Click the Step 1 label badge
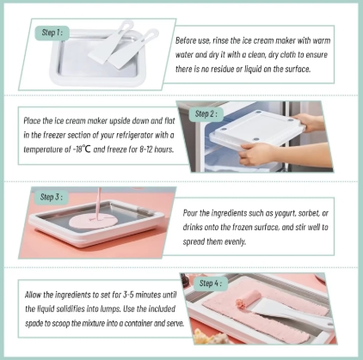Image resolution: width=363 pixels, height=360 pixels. pos(52,33)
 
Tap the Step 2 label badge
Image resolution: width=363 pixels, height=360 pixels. pos(206,114)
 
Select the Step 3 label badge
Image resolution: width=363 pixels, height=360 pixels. pos(51,197)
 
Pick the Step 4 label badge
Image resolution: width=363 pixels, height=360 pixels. pos(211,284)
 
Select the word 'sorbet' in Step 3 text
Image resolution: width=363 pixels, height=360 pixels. pos(310,213)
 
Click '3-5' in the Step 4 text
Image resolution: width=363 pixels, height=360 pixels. pos(128,295)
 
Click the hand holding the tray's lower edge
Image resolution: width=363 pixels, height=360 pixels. pos(256,152)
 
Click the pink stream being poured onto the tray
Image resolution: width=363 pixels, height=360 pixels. pos(99,204)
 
